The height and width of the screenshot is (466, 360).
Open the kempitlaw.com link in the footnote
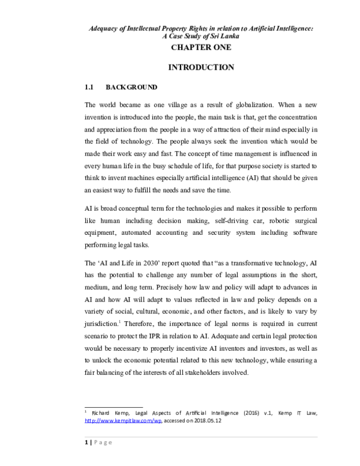(x=124, y=422)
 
